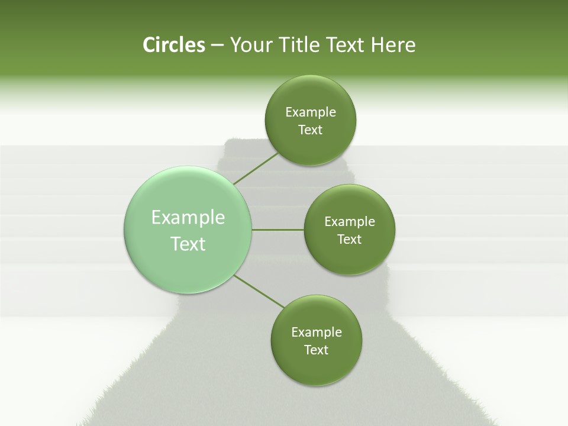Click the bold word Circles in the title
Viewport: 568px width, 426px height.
coord(173,45)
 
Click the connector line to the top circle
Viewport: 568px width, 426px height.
coord(256,169)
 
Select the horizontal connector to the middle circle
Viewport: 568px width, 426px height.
coord(278,230)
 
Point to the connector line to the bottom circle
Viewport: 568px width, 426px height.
coord(259,291)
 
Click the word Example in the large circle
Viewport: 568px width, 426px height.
coord(188,218)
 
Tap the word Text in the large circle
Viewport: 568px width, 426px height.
coord(188,244)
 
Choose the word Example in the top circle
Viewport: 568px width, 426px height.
coord(311,112)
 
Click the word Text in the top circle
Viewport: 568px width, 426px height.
coord(310,130)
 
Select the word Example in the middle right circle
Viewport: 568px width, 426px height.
coord(350,222)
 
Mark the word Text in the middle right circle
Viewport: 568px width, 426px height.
coord(349,240)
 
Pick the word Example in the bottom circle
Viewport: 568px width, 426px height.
coord(317,333)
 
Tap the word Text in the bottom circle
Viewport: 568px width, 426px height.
coord(316,350)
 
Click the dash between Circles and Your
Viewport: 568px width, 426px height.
coord(217,45)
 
